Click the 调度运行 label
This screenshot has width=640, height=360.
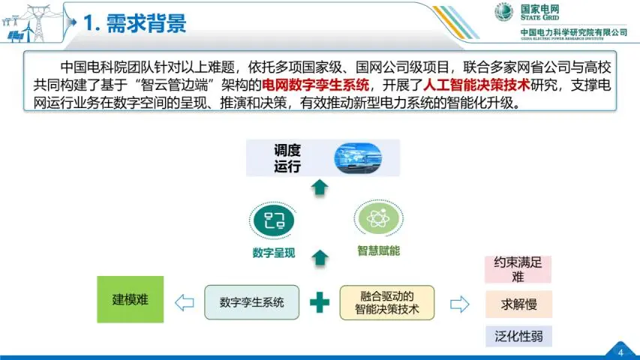287,157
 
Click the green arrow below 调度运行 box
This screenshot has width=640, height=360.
320,187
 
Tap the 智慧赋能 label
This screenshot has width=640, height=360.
378,250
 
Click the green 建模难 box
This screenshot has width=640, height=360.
131,299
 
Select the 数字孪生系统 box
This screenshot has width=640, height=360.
251,303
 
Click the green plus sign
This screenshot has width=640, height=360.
320,303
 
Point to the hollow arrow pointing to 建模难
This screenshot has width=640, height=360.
185,303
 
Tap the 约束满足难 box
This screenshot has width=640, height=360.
518,270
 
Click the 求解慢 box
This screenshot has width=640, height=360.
518,304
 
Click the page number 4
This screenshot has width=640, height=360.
620,352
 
